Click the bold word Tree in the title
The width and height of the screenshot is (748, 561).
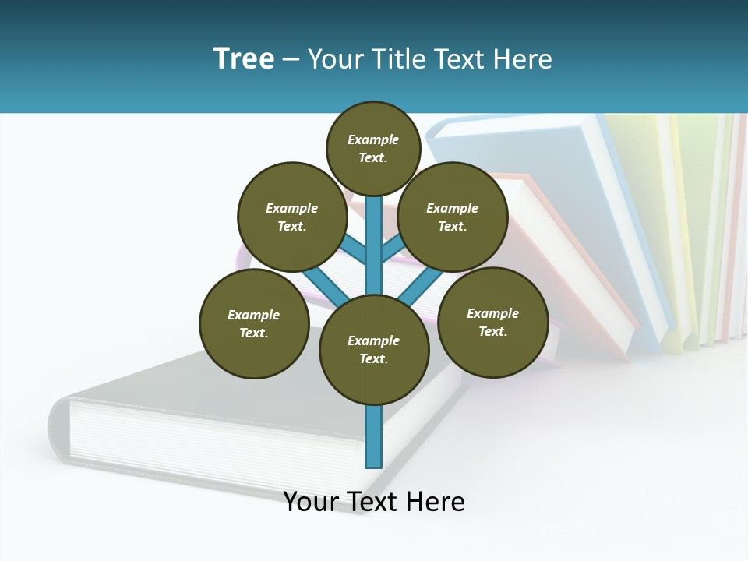click(244, 59)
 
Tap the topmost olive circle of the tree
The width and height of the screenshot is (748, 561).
click(373, 148)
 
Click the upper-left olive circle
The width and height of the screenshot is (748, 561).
click(291, 217)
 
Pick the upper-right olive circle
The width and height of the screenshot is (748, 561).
click(453, 217)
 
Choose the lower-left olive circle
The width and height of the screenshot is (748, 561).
click(254, 323)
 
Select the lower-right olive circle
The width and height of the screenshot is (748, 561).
click(492, 322)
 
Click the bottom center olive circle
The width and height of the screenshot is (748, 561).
click(374, 349)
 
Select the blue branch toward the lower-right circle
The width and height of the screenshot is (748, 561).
click(425, 284)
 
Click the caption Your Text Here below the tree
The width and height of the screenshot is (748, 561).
click(374, 502)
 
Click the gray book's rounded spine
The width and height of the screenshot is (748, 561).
click(58, 429)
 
